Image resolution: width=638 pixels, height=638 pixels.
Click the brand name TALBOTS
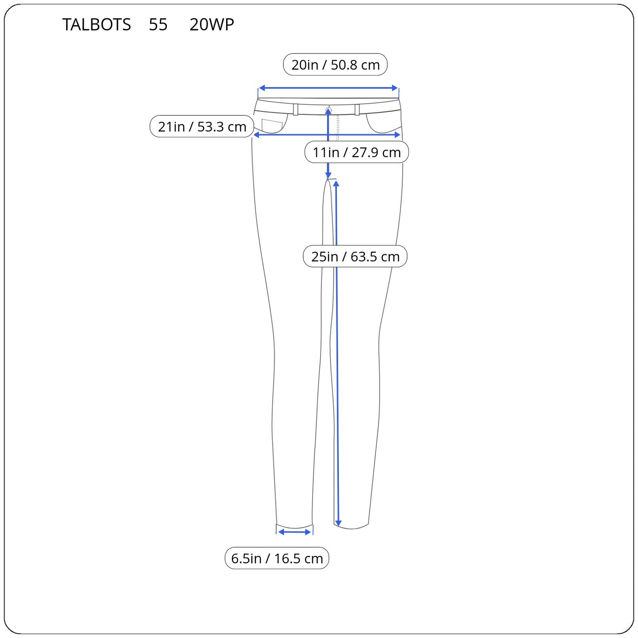coord(96,24)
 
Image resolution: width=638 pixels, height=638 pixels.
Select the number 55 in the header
coord(158,24)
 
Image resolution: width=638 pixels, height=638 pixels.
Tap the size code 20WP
coord(211,24)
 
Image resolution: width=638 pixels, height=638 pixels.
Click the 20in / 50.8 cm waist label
coord(335,64)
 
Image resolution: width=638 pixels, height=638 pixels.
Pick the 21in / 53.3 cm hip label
coord(202,126)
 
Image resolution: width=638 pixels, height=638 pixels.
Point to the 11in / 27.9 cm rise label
coord(357,152)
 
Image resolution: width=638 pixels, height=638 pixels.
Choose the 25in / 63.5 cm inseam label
coord(355,257)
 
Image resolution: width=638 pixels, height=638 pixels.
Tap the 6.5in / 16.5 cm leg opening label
coord(277,559)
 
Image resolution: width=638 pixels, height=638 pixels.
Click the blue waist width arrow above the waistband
coord(328,88)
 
